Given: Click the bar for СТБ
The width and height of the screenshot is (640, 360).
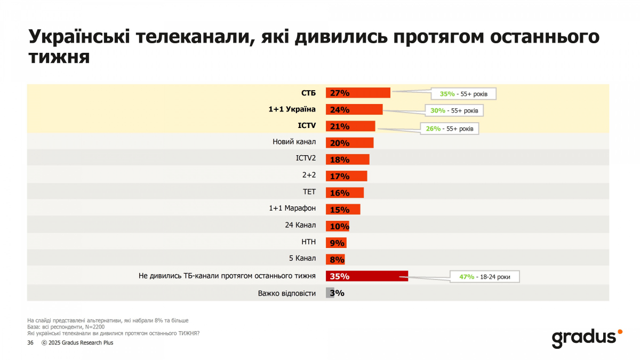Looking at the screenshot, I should point(358,93).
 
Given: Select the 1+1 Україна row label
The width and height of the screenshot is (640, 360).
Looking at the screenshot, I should point(292,109).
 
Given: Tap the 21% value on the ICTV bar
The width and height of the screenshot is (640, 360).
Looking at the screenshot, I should point(340,126).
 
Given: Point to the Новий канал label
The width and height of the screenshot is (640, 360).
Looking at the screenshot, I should point(294,142).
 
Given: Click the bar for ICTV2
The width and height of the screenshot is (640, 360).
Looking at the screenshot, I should point(348,159).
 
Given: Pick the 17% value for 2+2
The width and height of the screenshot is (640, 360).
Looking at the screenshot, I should point(340,176).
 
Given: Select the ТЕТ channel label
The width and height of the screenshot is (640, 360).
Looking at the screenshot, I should point(309,192).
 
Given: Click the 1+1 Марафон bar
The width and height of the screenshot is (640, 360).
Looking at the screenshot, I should point(343,209).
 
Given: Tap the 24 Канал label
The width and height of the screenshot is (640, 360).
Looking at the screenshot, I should point(300,225).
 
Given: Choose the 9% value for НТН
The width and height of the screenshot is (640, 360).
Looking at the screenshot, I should point(337,243).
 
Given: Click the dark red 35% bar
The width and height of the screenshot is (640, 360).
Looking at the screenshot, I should point(367,276).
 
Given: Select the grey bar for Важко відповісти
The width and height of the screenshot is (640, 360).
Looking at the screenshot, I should point(330,293).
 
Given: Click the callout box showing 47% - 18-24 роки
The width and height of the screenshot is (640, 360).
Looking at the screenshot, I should point(484,277).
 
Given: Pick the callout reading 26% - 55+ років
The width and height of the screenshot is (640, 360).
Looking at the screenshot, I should point(450,129).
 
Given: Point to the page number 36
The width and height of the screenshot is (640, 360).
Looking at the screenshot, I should point(30,342).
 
